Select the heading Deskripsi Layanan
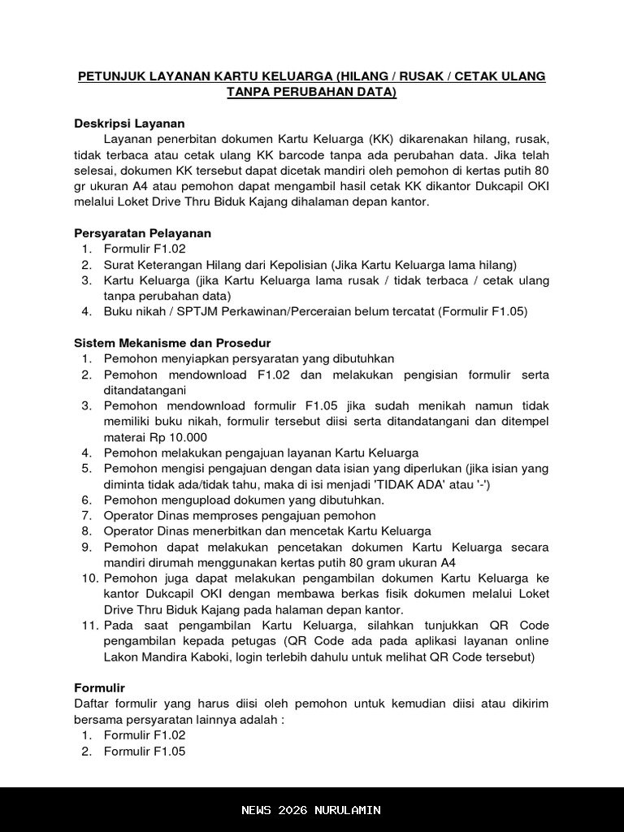click(x=129, y=123)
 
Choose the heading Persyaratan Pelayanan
click(x=142, y=233)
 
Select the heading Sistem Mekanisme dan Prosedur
click(x=172, y=343)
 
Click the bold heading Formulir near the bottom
click(x=99, y=688)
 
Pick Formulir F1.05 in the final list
click(x=145, y=752)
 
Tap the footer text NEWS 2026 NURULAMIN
click(x=311, y=810)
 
